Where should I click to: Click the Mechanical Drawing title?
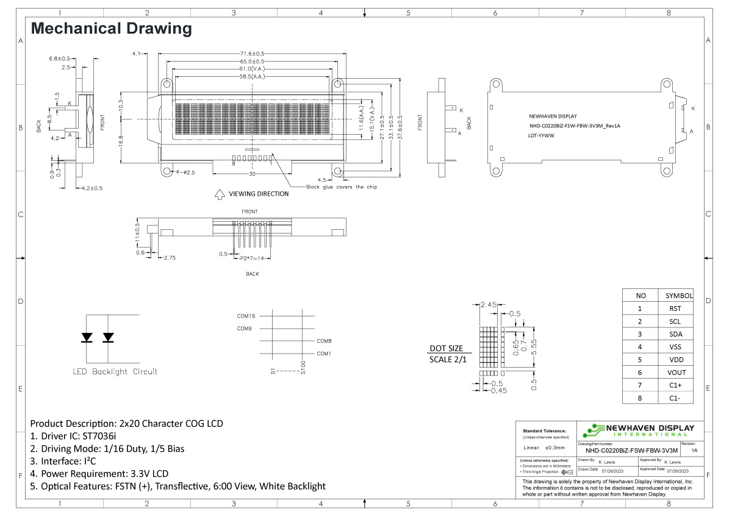click(x=111, y=28)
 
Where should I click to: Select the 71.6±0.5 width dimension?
click(x=251, y=54)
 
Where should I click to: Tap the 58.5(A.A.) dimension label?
click(x=251, y=77)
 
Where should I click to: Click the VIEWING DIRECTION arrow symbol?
click(x=219, y=194)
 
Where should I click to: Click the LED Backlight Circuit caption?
click(x=115, y=371)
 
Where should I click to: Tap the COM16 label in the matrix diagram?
click(x=246, y=316)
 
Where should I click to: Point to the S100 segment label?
click(x=303, y=367)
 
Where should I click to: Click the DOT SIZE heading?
click(x=447, y=348)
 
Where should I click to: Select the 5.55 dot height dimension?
click(x=533, y=347)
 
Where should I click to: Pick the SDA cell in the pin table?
click(x=675, y=334)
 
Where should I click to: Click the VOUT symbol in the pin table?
click(x=675, y=373)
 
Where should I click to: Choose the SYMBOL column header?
click(x=678, y=296)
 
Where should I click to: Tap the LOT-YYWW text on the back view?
click(x=541, y=137)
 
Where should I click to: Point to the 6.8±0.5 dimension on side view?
click(x=59, y=58)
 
